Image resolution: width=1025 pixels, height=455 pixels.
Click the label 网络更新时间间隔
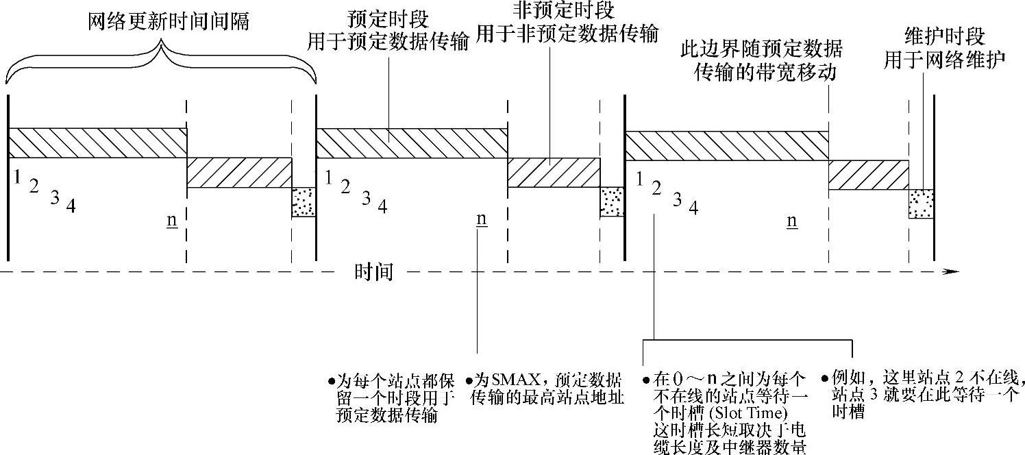[x=168, y=21]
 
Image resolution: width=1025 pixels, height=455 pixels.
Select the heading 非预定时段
[x=565, y=10]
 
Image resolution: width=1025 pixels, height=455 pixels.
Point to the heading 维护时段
[x=943, y=37]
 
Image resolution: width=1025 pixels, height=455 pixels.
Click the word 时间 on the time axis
[x=374, y=272]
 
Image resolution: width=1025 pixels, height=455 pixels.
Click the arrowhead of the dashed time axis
[x=951, y=272]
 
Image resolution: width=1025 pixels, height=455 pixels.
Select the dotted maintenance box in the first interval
[x=304, y=202]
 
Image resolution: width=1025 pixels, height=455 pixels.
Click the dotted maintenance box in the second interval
[x=611, y=201]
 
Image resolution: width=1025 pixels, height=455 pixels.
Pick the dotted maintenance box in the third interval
[x=922, y=204]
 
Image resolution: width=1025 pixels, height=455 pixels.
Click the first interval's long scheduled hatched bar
[x=97, y=143]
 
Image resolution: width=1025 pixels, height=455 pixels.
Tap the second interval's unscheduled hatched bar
[x=554, y=172]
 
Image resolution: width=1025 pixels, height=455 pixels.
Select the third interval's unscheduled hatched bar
[x=868, y=175]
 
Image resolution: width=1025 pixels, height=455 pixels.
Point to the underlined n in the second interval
[x=481, y=219]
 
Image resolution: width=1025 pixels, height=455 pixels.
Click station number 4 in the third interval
[x=693, y=208]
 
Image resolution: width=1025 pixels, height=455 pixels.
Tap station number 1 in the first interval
[x=16, y=177]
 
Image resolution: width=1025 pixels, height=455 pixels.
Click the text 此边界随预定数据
[x=761, y=49]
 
